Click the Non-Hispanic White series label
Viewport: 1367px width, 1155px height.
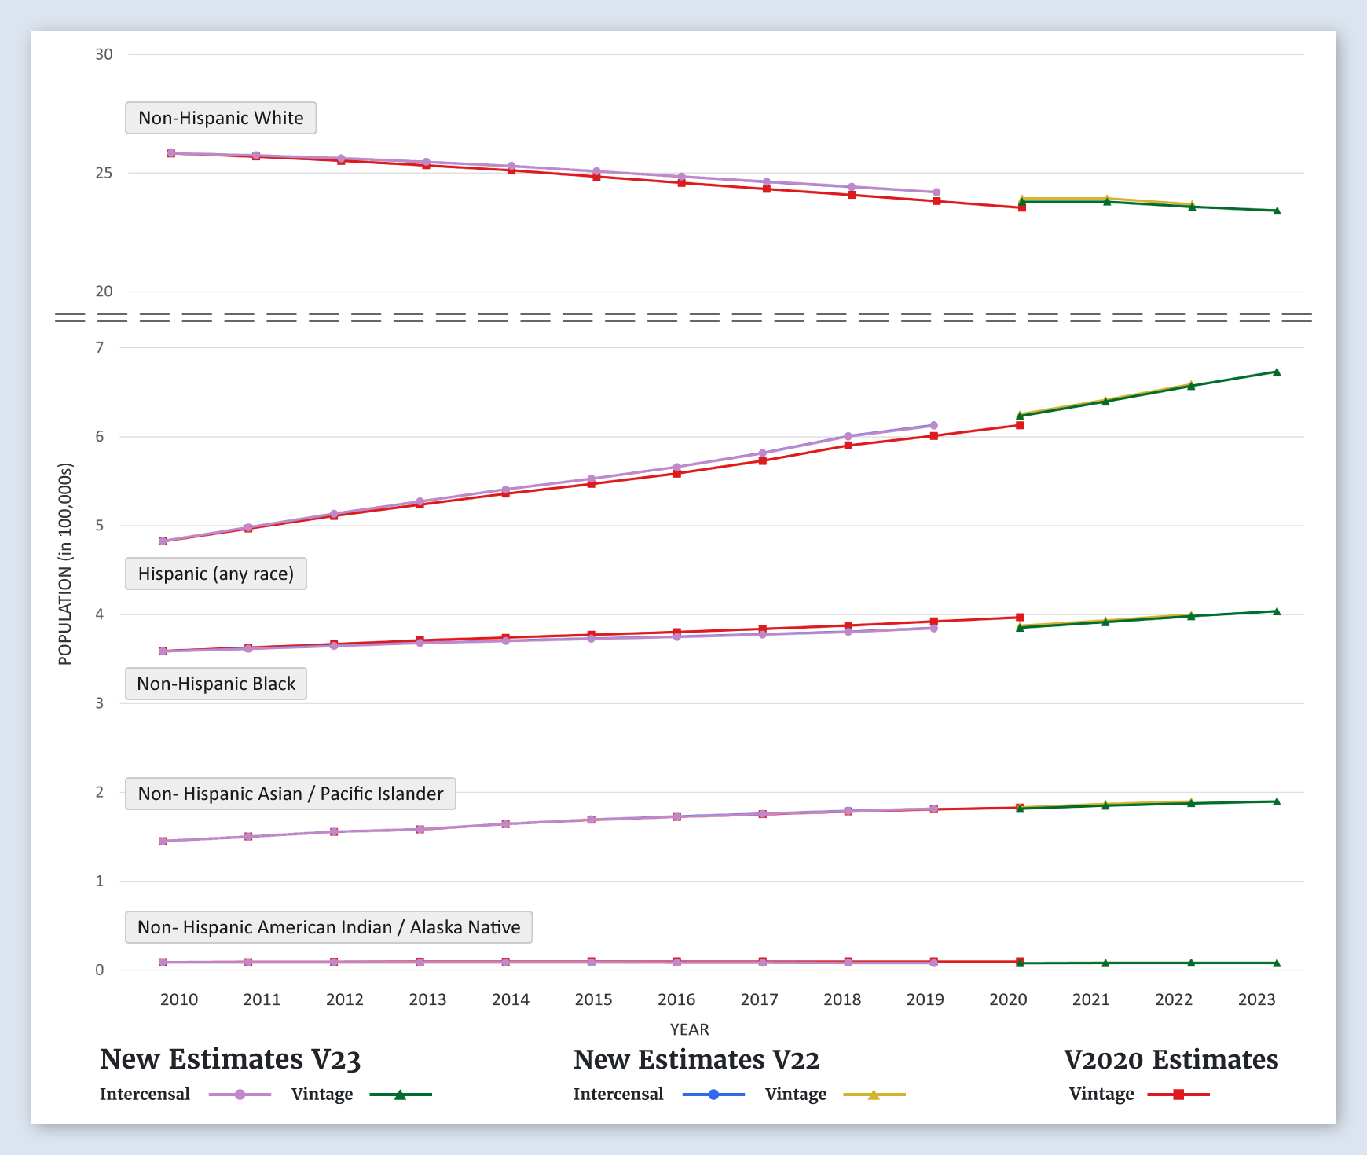click(221, 118)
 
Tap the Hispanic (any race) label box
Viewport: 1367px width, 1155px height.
click(216, 574)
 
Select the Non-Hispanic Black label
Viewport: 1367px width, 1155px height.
click(216, 684)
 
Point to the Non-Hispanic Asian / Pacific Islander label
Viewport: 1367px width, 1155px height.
click(291, 794)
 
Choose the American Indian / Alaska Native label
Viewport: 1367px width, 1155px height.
click(328, 927)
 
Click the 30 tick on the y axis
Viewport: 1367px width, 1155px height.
click(104, 54)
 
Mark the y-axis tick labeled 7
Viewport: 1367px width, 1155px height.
click(100, 347)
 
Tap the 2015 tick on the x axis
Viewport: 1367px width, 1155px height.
click(593, 999)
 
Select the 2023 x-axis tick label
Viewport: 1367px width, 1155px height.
click(1256, 999)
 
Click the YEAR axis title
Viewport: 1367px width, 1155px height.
click(689, 1029)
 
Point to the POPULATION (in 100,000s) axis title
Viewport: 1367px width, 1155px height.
click(65, 564)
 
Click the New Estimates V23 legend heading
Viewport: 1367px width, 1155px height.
click(230, 1059)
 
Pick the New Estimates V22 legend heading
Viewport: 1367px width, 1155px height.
click(696, 1059)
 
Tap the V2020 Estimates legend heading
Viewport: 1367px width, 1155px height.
click(1171, 1059)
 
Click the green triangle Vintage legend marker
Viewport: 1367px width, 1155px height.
click(400, 1094)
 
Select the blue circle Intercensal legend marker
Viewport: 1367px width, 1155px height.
click(713, 1094)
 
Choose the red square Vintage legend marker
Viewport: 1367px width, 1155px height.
click(1178, 1094)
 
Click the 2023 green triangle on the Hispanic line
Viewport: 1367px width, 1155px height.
click(1277, 372)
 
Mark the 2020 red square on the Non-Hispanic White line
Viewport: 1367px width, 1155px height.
click(1022, 207)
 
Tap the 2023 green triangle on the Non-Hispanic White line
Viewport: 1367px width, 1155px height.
click(1277, 211)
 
